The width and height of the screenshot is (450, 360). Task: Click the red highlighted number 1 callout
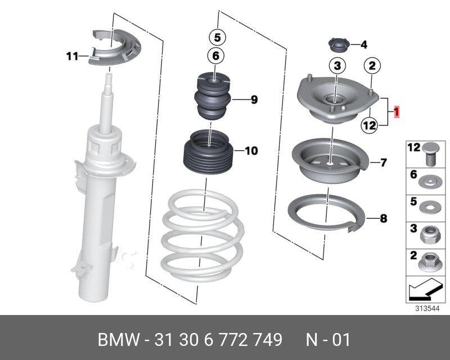pos(397,112)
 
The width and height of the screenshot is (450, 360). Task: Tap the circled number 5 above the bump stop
pos(217,37)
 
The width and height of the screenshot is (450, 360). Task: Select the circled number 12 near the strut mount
pos(370,125)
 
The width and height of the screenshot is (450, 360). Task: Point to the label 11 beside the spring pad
pos(72,56)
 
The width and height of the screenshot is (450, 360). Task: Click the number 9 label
pos(254,100)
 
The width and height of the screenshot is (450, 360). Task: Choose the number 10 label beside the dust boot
pos(251,151)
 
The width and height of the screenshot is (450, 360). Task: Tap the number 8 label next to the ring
pos(384,218)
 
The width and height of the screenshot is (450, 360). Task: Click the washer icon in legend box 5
pos(429,207)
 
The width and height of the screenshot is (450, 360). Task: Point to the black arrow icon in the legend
pos(425,290)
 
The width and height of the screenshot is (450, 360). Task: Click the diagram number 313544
pos(427,309)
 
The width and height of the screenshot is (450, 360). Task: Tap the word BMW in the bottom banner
pos(119,340)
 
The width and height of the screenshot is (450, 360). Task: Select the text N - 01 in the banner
pos(328,340)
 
